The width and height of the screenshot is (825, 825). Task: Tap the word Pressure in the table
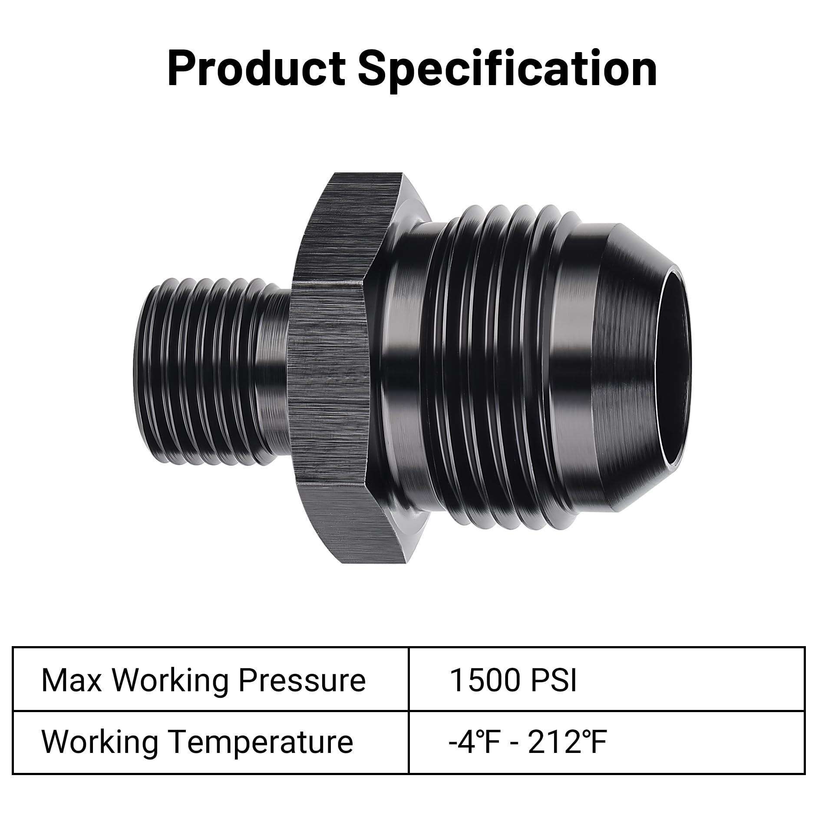click(x=302, y=680)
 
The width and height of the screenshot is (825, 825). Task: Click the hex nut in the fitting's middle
click(x=330, y=369)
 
